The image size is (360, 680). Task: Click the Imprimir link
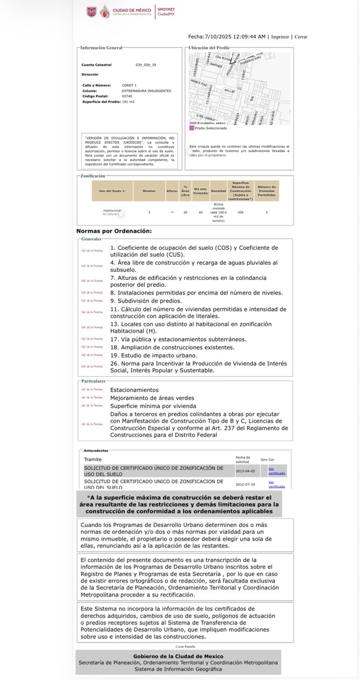tap(280, 36)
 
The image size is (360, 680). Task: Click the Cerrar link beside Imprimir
tap(301, 36)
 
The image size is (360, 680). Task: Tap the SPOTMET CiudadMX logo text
tap(166, 12)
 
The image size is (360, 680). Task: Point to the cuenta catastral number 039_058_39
tap(145, 65)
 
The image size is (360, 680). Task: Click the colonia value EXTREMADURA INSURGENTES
tap(146, 91)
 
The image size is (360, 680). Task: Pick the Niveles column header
tap(149, 190)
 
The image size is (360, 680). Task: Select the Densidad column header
tap(218, 190)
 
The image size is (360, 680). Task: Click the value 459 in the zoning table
tap(240, 212)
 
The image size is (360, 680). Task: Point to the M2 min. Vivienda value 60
tap(200, 212)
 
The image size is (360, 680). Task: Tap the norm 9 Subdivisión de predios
tap(146, 300)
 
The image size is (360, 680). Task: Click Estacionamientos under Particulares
tap(134, 390)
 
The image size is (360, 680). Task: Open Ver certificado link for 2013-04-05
tap(277, 471)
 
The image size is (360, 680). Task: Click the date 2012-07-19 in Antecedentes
tap(245, 484)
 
